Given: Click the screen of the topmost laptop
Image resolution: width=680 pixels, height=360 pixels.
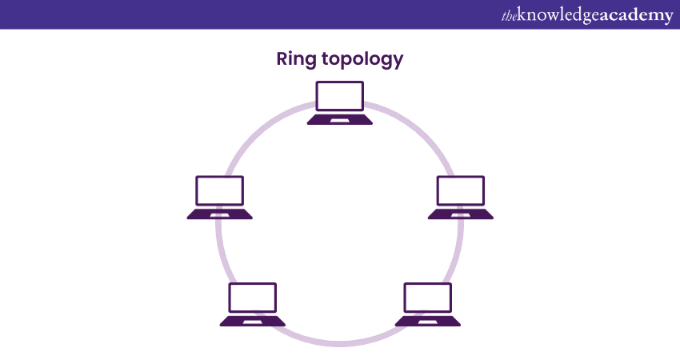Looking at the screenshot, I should pos(340,96).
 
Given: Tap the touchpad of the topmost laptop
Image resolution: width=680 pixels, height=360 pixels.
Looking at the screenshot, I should pos(340,120).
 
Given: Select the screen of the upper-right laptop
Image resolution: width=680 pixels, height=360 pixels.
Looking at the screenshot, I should pos(460,190).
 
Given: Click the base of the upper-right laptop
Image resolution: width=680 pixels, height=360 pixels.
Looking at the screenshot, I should pos(460,214).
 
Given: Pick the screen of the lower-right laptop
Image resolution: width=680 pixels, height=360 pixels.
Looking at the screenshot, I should pos(428,297).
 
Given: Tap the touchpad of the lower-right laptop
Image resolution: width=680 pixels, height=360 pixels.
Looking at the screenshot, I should pos(428,322).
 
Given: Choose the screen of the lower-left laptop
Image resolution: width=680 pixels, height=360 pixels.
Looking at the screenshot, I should pos(253,297).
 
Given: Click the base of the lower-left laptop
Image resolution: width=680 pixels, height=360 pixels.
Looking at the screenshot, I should pos(253,321).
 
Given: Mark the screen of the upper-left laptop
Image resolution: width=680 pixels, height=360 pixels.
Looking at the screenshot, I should pos(220,190).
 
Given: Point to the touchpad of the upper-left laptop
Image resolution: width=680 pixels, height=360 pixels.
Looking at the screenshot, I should pos(220,214).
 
